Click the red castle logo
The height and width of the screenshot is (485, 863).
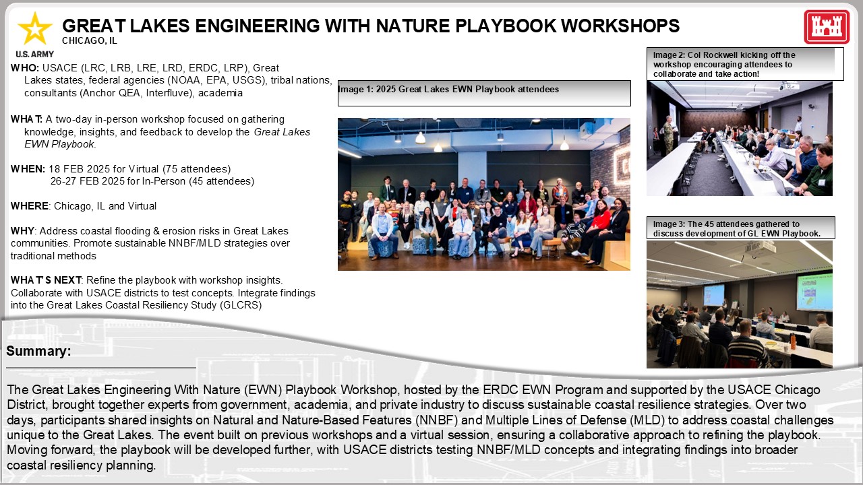point(826,28)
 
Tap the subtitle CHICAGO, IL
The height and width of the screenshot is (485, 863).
point(89,40)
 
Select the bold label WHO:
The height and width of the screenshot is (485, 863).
point(25,68)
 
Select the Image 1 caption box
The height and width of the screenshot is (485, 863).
point(483,93)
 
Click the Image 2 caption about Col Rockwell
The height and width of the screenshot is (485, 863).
point(740,64)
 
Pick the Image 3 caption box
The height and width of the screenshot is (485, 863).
point(740,228)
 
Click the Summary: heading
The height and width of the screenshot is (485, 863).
point(38,352)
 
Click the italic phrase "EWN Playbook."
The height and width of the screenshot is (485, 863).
point(60,144)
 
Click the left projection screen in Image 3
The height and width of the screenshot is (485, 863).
point(713,295)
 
